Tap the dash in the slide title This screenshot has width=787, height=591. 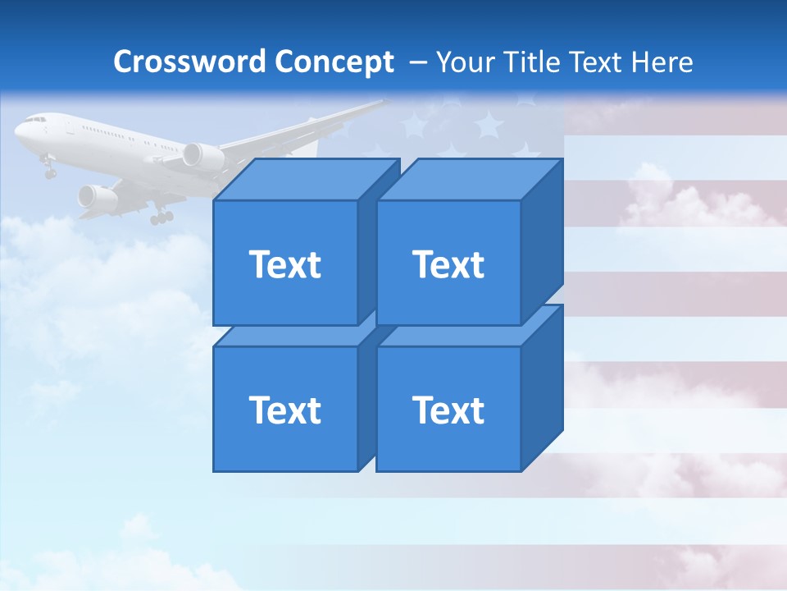point(417,62)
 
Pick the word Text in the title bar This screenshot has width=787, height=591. point(598,62)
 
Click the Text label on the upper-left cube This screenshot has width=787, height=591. point(284,264)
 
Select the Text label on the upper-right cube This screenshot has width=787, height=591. point(448,264)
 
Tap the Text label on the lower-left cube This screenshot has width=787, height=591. point(284,410)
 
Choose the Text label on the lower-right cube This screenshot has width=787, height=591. point(448,410)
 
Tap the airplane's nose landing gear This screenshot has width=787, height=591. point(50,171)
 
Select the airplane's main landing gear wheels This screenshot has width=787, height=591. point(161,217)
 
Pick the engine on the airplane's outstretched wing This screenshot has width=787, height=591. point(202,156)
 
